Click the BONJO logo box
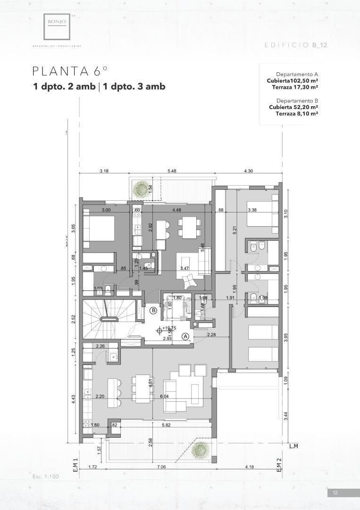pyautogui.click(x=57, y=26)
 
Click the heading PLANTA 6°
pyautogui.click(x=70, y=71)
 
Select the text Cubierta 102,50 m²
pyautogui.click(x=292, y=81)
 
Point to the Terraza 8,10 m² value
pyautogui.click(x=296, y=113)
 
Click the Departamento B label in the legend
pyautogui.click(x=297, y=101)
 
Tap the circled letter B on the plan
pyautogui.click(x=153, y=310)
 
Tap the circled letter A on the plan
pyautogui.click(x=186, y=336)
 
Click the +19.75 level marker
pyautogui.click(x=169, y=328)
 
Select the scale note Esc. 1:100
pyautogui.click(x=46, y=476)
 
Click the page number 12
pyautogui.click(x=335, y=493)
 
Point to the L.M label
pyautogui.click(x=294, y=446)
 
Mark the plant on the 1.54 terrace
pyautogui.click(x=141, y=189)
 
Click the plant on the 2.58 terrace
pyautogui.click(x=200, y=450)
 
